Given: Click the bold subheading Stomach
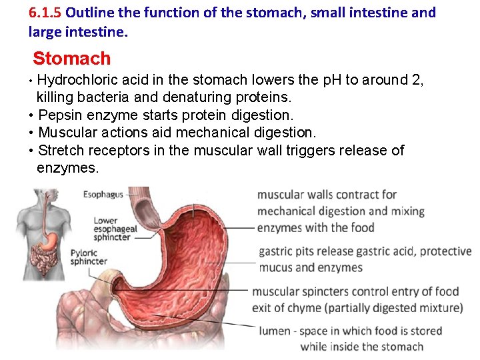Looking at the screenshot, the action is click(71, 59).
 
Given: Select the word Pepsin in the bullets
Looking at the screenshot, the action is click(61, 115).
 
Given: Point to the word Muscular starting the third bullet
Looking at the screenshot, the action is click(67, 133).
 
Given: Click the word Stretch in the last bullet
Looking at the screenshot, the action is click(59, 150).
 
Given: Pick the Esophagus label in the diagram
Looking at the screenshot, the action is click(103, 195).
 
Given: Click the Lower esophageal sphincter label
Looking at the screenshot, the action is click(115, 229).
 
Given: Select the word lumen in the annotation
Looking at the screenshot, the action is click(275, 331).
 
